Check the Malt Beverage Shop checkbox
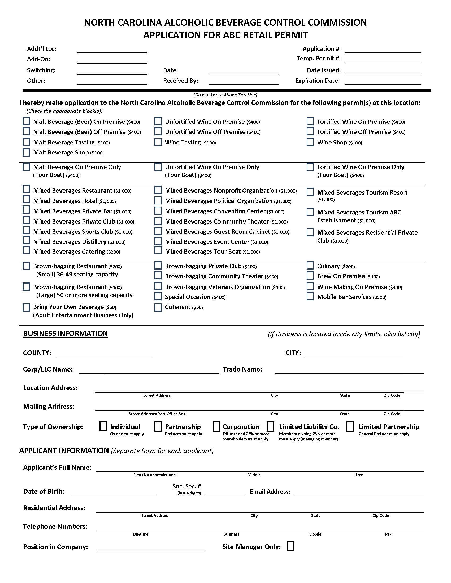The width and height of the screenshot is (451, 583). [26, 152]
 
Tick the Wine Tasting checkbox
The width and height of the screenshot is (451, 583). [158, 142]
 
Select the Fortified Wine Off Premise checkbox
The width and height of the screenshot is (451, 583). [310, 131]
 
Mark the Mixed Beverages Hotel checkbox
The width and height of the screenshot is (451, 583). [26, 199]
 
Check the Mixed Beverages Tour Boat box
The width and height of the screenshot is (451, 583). [158, 250]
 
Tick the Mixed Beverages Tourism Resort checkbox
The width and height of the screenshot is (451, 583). [310, 192]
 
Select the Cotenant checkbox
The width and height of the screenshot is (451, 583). [158, 307]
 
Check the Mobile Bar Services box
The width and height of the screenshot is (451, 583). [310, 296]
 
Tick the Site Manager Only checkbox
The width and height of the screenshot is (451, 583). [290, 546]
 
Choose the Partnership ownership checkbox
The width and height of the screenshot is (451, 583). [158, 426]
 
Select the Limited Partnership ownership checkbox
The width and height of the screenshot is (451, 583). [350, 426]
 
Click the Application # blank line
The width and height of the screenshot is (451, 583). [383, 50]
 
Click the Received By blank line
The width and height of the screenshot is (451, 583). [243, 81]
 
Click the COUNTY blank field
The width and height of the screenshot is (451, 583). [104, 354]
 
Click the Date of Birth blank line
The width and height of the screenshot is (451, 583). [114, 493]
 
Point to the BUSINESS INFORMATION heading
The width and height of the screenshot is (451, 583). [66, 333]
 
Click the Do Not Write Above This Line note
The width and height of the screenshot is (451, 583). [225, 95]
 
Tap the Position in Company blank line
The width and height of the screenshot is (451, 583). [150, 548]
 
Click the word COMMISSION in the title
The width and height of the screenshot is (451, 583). [337, 23]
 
